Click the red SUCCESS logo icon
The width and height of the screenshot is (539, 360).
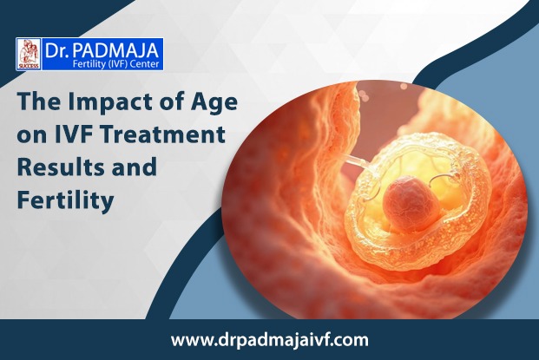30,54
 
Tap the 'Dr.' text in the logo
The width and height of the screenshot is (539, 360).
56,50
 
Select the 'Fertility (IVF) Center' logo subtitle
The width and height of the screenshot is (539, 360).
115,64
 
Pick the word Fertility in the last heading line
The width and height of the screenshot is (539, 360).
66,200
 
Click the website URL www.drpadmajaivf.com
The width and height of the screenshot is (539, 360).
269,340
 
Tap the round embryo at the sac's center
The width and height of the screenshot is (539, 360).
410,203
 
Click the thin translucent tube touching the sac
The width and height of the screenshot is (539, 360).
356,161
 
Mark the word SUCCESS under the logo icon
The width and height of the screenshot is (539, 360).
30,66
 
